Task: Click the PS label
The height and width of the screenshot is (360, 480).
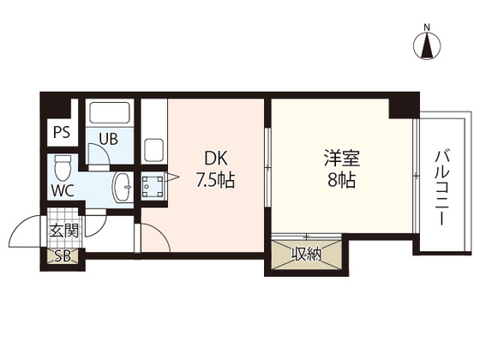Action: click(62, 132)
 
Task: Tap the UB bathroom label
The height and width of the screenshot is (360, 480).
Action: click(109, 139)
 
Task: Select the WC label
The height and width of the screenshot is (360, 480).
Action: click(63, 191)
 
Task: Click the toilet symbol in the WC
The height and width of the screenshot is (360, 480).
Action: click(63, 167)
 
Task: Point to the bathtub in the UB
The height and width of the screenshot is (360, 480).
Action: click(110, 112)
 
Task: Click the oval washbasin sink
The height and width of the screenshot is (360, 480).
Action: click(123, 187)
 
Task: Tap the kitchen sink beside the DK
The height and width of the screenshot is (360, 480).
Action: click(153, 150)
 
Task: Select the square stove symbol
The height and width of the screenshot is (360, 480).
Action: click(153, 187)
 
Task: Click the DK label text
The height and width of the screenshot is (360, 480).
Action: click(215, 159)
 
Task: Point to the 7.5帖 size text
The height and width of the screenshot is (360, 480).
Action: click(215, 180)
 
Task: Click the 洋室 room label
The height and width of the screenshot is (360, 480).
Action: click(342, 159)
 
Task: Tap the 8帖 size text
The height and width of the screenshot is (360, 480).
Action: click(342, 180)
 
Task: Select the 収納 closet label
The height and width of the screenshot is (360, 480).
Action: click(306, 254)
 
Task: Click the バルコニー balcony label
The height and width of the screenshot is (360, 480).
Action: click(441, 188)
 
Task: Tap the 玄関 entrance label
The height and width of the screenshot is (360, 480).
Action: click(64, 231)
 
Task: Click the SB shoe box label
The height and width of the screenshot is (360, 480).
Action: click(63, 256)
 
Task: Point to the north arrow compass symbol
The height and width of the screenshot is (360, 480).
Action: click(427, 46)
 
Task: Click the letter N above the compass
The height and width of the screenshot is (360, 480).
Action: click(427, 27)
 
